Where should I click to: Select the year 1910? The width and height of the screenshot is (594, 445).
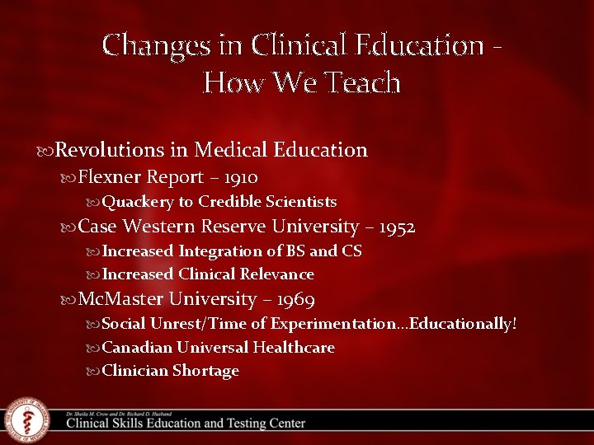(240, 177)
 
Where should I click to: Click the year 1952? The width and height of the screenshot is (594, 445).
(394, 227)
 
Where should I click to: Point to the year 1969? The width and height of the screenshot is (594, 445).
(295, 299)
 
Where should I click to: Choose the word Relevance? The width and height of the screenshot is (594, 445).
(278, 274)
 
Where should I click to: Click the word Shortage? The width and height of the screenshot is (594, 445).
(205, 371)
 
